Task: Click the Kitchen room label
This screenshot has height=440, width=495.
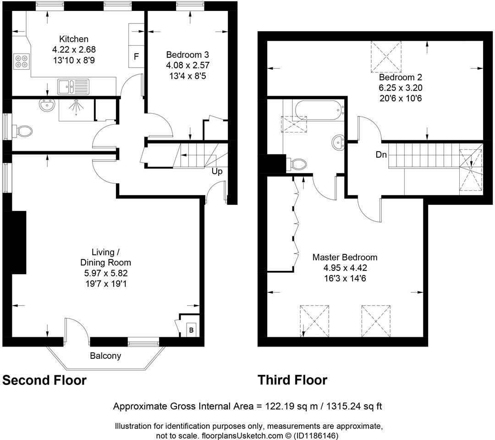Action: pyautogui.click(x=74, y=39)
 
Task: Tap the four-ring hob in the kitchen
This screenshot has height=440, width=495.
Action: pyautogui.click(x=22, y=61)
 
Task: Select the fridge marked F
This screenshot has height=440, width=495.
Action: pyautogui.click(x=137, y=56)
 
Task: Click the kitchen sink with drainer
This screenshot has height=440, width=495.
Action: pyautogui.click(x=73, y=87)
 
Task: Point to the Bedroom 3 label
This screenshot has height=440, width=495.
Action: pyautogui.click(x=187, y=55)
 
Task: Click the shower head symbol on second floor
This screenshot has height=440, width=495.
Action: pyautogui.click(x=77, y=106)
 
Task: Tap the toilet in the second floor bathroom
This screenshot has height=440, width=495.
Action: pyautogui.click(x=22, y=131)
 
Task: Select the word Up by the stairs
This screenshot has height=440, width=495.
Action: pyautogui.click(x=217, y=171)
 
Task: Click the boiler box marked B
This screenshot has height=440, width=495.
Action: pyautogui.click(x=191, y=330)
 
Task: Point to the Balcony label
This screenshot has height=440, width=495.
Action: pyautogui.click(x=105, y=356)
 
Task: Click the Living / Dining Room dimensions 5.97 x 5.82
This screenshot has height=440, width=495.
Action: pyautogui.click(x=106, y=273)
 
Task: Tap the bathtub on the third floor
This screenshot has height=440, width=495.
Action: pyautogui.click(x=319, y=110)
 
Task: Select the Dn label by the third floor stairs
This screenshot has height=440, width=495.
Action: pyautogui.click(x=381, y=154)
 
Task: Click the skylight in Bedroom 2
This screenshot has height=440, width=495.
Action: pyautogui.click(x=386, y=57)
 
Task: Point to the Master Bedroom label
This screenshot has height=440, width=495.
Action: pyautogui.click(x=345, y=257)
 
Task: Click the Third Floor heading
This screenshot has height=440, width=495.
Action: pyautogui.click(x=292, y=380)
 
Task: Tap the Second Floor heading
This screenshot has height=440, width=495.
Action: pyautogui.click(x=44, y=380)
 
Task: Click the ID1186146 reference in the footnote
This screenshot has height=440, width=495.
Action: pyautogui.click(x=316, y=436)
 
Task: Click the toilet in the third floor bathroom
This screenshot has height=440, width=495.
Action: pyautogui.click(x=297, y=164)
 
